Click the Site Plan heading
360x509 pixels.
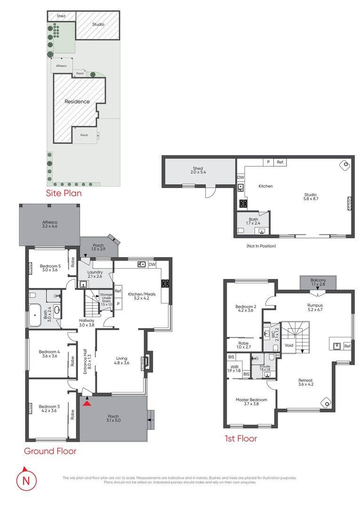tap(63, 193)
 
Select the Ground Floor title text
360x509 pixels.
tap(50, 451)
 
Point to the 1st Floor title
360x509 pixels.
tap(240, 438)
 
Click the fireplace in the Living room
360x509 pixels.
tap(147, 361)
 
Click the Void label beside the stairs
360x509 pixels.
tap(289, 345)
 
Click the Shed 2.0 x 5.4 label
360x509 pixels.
tap(197, 170)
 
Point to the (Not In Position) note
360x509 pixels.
tap(261, 246)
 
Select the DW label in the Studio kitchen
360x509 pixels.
tap(241, 177)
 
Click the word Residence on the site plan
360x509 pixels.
tap(77, 101)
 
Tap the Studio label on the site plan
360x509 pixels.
tap(98, 24)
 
